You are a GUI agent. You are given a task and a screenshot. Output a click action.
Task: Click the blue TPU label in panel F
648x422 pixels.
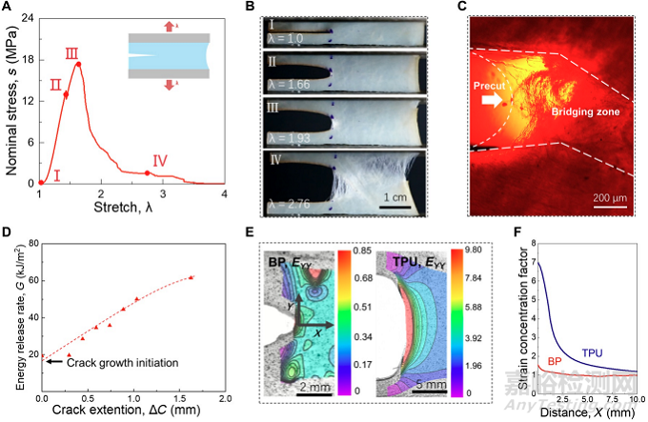[592, 352]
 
